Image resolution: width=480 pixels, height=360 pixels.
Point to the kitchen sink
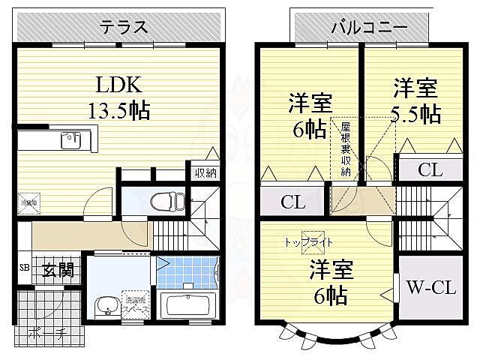click(x=71, y=139)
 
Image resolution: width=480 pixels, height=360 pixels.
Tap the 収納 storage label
click(x=205, y=173)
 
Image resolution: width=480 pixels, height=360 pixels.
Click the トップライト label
click(x=308, y=242)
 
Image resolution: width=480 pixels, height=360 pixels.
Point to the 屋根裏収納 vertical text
click(x=346, y=149)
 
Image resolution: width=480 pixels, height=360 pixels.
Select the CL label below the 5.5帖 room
click(x=429, y=169)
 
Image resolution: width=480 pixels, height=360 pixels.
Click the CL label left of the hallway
click(x=292, y=202)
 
